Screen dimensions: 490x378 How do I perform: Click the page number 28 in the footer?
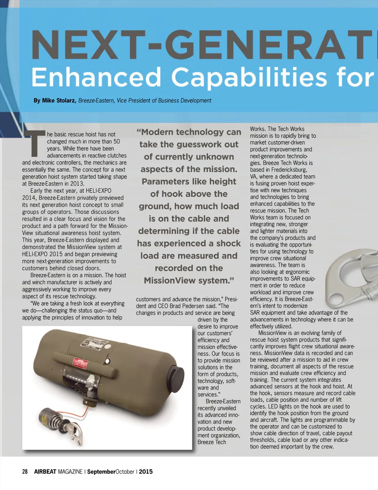pos(25,472)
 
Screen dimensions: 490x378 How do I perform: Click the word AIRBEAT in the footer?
pos(45,472)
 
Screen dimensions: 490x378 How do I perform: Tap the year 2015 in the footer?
pos(146,472)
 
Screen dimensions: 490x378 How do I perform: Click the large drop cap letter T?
pos(34,143)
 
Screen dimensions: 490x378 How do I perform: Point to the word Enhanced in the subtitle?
pos(96,77)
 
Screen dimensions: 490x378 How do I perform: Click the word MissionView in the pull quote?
pos(170,280)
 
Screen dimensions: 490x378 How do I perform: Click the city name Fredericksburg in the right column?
pos(289,170)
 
